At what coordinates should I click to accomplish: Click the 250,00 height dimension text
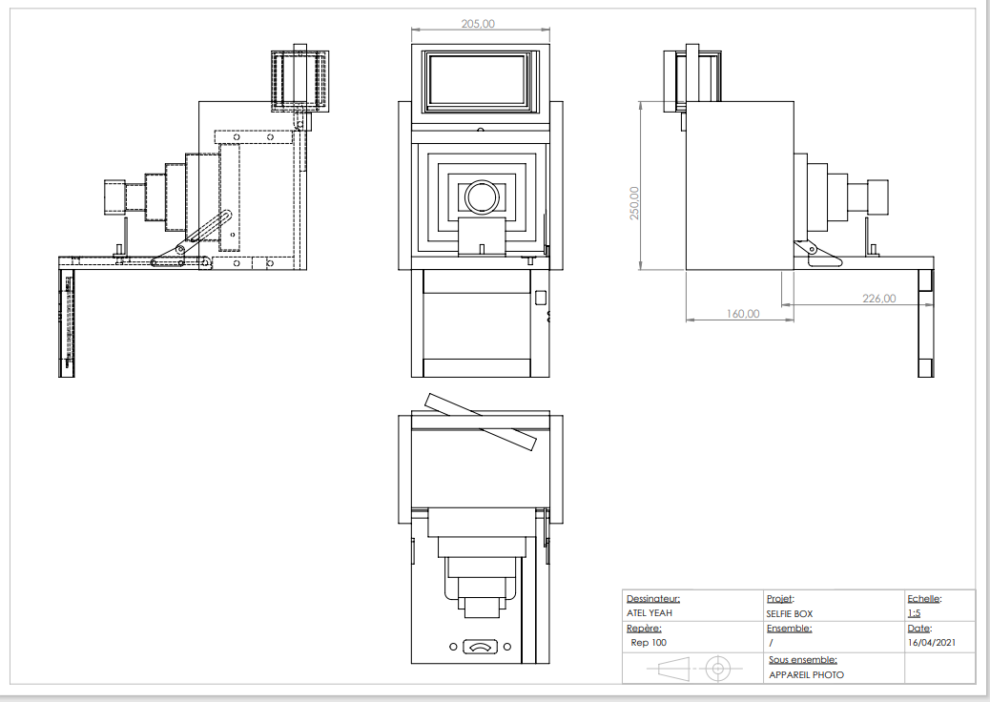634,202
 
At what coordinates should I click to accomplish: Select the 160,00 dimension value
743,313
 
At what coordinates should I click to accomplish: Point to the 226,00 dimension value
878,299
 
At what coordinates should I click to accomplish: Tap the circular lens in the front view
481,196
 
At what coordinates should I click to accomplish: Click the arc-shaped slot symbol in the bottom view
480,648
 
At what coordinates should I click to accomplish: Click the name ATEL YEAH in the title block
650,613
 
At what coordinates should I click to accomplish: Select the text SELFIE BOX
789,613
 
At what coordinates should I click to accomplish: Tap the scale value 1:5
914,613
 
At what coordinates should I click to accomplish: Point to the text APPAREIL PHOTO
806,674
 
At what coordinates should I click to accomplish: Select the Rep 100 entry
649,643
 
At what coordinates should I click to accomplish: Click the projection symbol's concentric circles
716,668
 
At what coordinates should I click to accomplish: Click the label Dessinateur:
653,599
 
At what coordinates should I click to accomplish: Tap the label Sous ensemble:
802,660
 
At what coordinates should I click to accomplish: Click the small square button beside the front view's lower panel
541,297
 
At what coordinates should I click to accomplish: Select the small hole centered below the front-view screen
480,128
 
